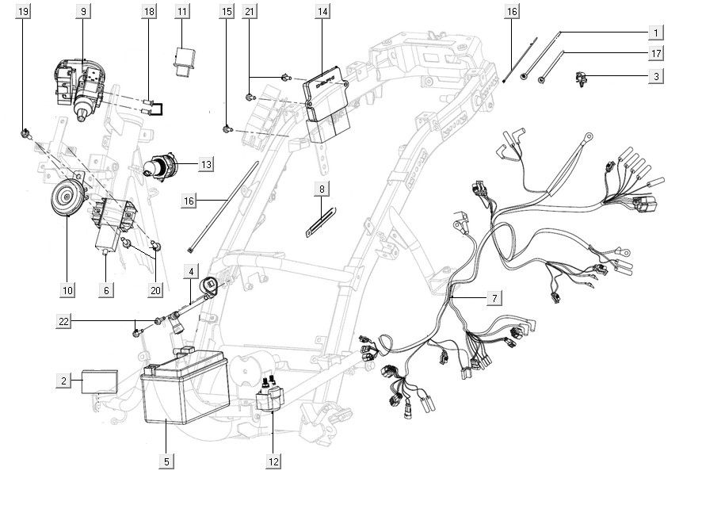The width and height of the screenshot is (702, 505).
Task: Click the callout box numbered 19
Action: (x=24, y=12)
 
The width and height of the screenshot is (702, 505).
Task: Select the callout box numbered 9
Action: (x=84, y=12)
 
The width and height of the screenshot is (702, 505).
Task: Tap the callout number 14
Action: (x=322, y=12)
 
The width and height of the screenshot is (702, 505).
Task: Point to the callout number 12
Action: (x=273, y=461)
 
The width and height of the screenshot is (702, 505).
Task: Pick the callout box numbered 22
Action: (x=64, y=322)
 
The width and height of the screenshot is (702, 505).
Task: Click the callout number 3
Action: (x=655, y=77)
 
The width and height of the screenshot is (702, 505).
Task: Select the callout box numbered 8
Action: (x=321, y=189)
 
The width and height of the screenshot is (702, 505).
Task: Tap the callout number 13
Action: (x=205, y=165)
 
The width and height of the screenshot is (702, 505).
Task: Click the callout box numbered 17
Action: (x=655, y=54)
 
